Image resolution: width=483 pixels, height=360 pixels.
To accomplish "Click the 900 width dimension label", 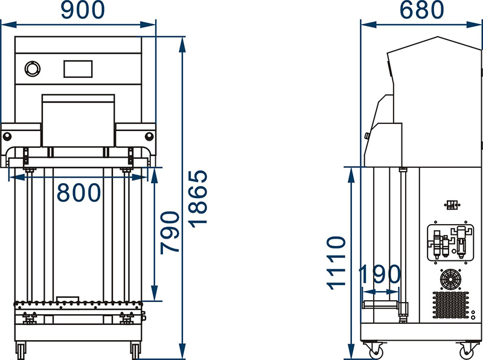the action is (x=83, y=10).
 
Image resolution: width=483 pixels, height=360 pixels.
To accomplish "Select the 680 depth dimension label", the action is (x=421, y=10).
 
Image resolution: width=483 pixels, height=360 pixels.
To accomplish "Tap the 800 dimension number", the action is (x=79, y=193).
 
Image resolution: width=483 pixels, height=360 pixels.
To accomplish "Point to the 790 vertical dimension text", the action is (x=170, y=233).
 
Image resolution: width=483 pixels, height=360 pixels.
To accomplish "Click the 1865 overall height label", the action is (x=199, y=199).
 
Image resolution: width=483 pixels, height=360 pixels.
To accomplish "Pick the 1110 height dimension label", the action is (x=336, y=263).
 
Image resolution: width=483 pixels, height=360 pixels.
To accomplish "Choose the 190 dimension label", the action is (x=380, y=274).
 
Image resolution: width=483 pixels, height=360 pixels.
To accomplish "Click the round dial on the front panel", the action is (x=33, y=69).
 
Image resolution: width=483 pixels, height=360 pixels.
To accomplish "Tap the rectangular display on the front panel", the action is (x=78, y=69).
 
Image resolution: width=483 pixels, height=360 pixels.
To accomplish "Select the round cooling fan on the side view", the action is (x=450, y=279).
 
